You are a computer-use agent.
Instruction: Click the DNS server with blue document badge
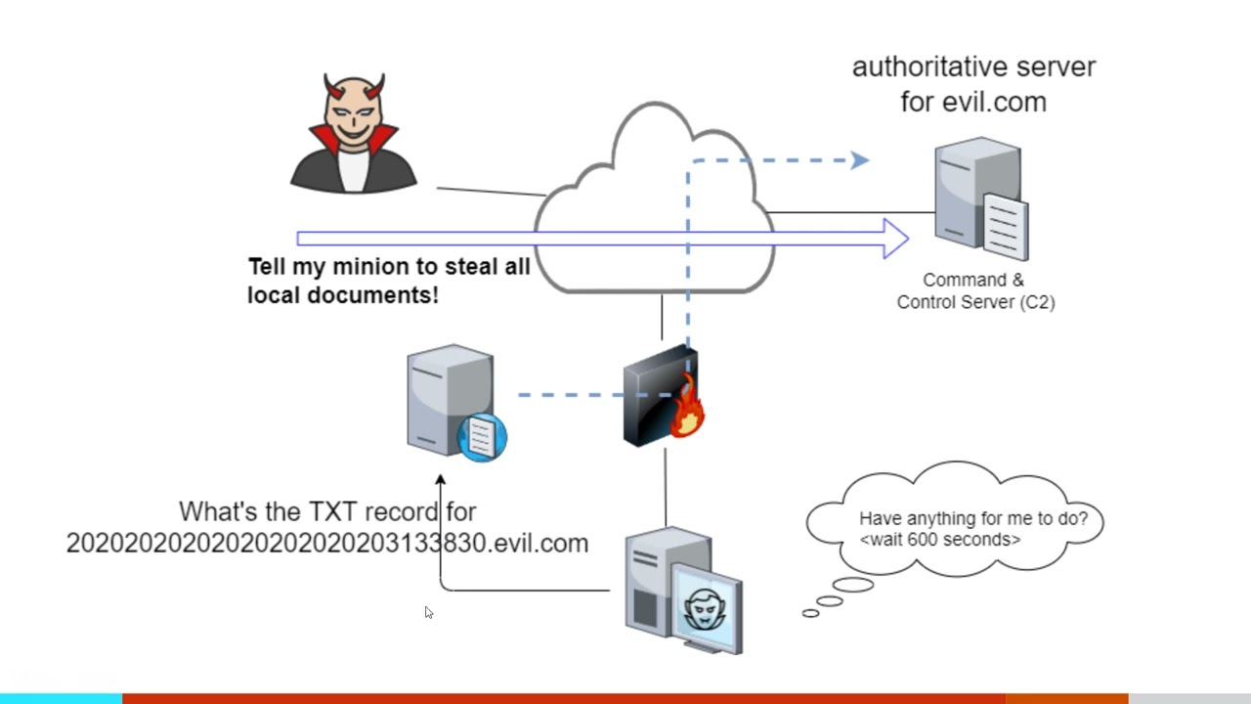pyautogui.click(x=452, y=401)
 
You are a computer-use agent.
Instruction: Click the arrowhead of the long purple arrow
pyautogui.click(x=895, y=239)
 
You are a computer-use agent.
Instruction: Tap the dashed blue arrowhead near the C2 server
pyautogui.click(x=859, y=160)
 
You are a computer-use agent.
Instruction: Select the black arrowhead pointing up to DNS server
pyautogui.click(x=440, y=480)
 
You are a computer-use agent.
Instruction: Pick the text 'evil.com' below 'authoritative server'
pyautogui.click(x=994, y=103)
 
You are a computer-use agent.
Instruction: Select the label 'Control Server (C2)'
pyautogui.click(x=975, y=302)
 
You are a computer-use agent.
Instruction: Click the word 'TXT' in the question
pyautogui.click(x=334, y=511)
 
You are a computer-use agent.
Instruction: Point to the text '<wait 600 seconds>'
pyautogui.click(x=940, y=540)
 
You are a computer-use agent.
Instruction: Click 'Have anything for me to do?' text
pyautogui.click(x=972, y=518)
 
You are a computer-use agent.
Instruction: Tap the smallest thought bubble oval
pyautogui.click(x=810, y=613)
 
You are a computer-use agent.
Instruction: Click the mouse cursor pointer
pyautogui.click(x=428, y=612)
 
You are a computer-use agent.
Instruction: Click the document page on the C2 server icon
pyautogui.click(x=1005, y=226)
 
